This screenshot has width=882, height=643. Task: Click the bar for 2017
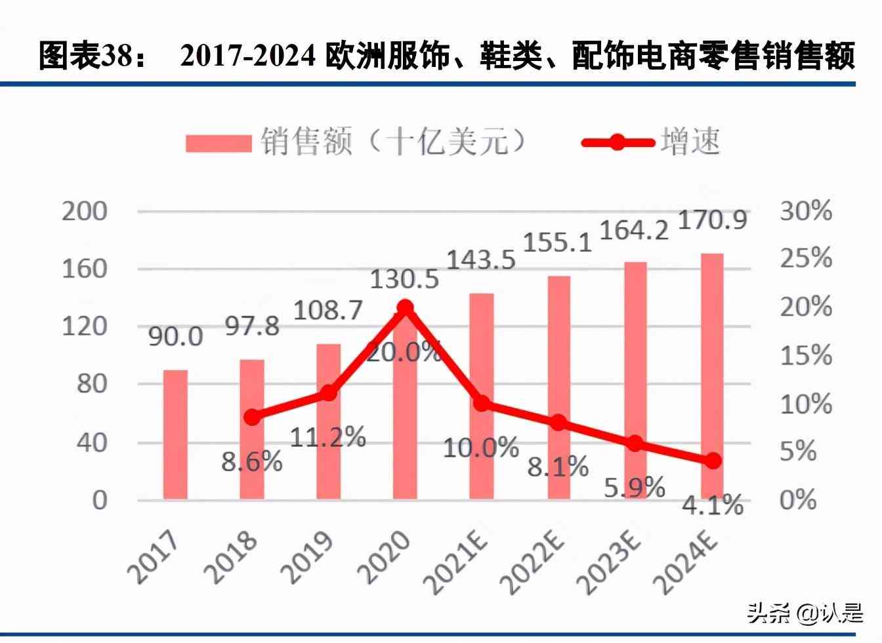175,434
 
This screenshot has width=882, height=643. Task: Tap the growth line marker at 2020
405,308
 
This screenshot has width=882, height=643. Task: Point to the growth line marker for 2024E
713,461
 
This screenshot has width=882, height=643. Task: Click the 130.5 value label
404,280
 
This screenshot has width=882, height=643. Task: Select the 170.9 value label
712,220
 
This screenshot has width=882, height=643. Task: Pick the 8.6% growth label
252,462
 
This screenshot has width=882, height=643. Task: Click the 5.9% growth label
635,487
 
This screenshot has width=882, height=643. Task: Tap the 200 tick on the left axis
85,211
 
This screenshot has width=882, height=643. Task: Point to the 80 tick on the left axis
91,384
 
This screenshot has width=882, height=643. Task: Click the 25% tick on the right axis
806,259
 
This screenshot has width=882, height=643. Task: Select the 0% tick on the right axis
798,500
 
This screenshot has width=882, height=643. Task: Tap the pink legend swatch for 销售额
218,142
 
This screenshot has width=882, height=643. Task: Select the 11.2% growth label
327,437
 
